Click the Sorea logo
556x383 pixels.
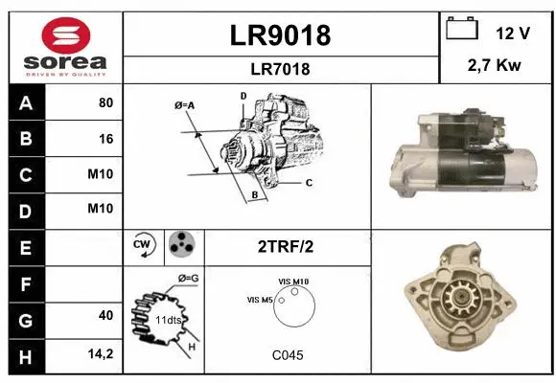[65, 47]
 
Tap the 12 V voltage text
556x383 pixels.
[513, 32]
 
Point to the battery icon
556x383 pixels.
[462, 30]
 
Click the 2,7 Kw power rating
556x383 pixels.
[496, 65]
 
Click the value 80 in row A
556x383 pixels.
[105, 103]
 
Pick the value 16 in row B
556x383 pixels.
[105, 139]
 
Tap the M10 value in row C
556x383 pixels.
[101, 174]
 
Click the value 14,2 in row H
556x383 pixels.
[101, 353]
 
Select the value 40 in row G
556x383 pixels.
[105, 316]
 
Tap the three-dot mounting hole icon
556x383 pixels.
[180, 245]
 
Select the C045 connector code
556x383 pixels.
[287, 355]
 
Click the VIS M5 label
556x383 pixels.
[259, 301]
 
